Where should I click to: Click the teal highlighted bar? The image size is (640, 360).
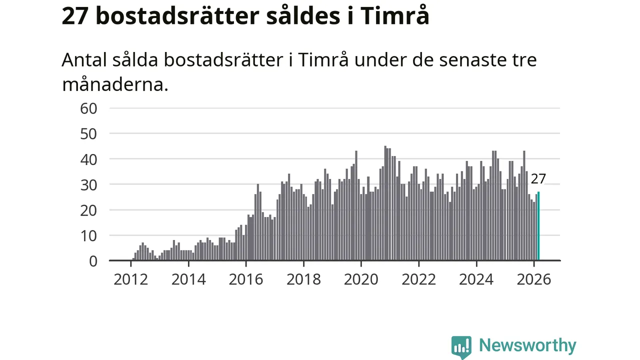pos(538,226)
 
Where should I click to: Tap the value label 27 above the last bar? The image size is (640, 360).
pos(538,179)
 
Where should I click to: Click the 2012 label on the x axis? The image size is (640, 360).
pos(130,278)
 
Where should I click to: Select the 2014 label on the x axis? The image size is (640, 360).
pos(188,278)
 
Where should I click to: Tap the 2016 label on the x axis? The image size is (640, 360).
pos(246,278)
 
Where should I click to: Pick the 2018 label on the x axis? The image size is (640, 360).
pos(303,278)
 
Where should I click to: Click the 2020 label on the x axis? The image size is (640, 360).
pos(361,278)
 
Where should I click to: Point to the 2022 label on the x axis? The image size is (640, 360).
pos(419,278)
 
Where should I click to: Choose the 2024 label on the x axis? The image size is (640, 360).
pos(476,278)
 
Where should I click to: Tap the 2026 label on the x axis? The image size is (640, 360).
pos(534,278)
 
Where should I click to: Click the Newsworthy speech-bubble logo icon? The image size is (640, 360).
pos(461,346)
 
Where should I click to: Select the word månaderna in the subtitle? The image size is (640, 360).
pos(114,84)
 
